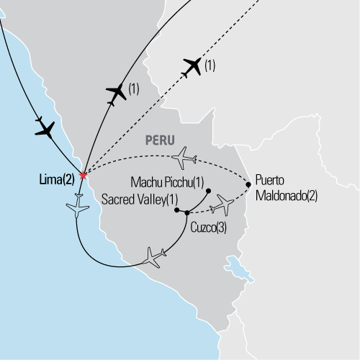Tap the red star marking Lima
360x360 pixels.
tap(84, 175)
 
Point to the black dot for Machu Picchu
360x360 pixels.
tap(208, 191)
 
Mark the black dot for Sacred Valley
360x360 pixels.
tap(176, 212)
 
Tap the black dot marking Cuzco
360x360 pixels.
tap(187, 212)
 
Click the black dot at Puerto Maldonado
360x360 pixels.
tap(249, 184)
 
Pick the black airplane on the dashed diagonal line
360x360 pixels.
tap(192, 67)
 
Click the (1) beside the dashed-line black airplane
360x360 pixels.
tap(210, 67)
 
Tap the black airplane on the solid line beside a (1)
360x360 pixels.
tap(116, 94)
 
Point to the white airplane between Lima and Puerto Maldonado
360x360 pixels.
tap(185, 156)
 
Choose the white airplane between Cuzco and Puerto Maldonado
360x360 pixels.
tap(222, 205)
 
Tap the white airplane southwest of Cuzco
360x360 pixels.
tap(158, 256)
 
